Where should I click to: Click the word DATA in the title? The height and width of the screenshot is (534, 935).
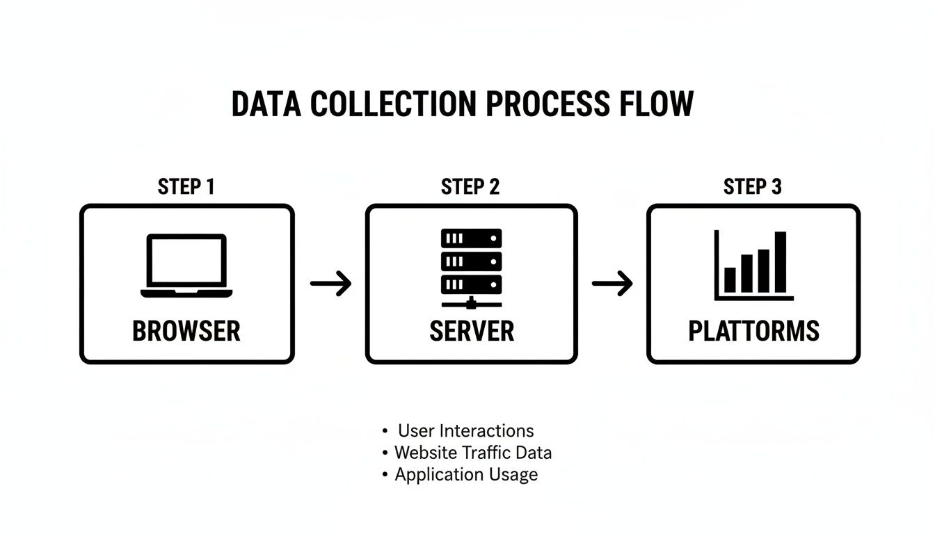point(266,104)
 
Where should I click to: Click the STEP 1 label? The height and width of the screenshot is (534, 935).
point(186,187)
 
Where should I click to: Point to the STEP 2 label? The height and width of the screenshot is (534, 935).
point(470,187)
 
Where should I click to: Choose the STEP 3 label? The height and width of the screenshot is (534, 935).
point(753,187)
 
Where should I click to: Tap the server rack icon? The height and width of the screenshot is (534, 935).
point(471,268)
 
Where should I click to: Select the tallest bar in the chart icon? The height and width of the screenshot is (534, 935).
point(781,261)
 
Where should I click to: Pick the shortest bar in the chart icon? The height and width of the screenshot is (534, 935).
point(730,280)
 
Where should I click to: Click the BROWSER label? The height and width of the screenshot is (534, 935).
point(186,331)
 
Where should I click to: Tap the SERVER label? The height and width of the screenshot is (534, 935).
point(472,331)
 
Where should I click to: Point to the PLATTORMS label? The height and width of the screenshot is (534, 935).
point(753,331)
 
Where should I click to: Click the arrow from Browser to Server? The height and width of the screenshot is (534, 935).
point(330,283)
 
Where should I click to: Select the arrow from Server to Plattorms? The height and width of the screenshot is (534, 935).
point(612,283)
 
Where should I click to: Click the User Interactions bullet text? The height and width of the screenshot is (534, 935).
point(465,430)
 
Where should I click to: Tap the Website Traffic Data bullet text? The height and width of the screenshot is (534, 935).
point(472,453)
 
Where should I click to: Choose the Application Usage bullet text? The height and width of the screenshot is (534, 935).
point(466,475)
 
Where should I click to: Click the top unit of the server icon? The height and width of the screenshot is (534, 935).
point(471,238)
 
